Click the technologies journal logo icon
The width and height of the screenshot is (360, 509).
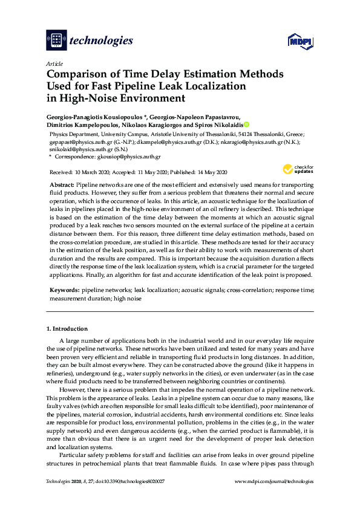point(56,41)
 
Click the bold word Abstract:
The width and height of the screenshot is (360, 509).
point(62,182)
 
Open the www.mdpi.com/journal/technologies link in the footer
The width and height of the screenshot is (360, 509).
point(273,482)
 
